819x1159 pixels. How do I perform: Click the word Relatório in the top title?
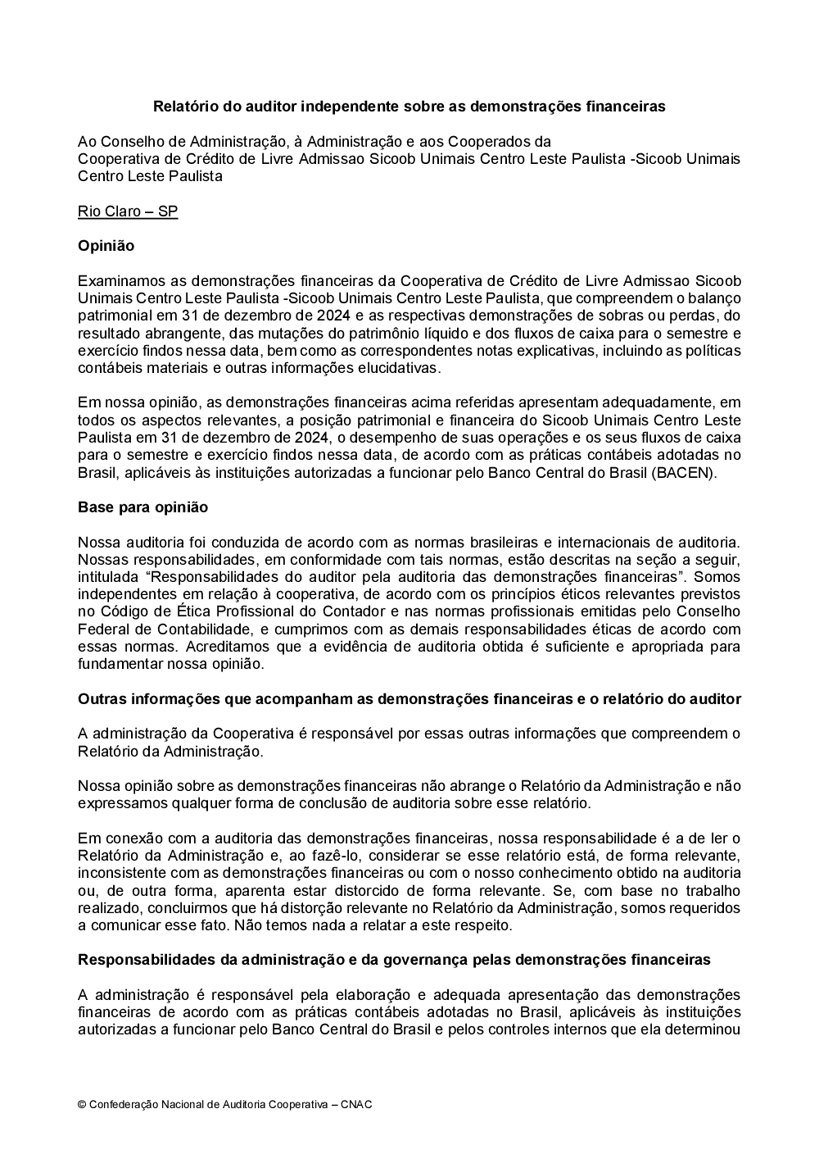(x=183, y=107)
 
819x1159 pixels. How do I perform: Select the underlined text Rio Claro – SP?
(x=128, y=211)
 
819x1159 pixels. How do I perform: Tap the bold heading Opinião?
(x=106, y=246)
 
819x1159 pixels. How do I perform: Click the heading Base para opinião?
(x=143, y=507)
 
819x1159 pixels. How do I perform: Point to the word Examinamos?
(x=119, y=281)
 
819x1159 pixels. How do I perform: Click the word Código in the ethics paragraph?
(x=123, y=611)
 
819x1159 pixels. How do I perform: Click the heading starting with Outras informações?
(x=409, y=699)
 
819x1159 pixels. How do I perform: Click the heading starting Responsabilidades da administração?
(x=394, y=960)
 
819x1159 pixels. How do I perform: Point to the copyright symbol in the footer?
(x=82, y=1104)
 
